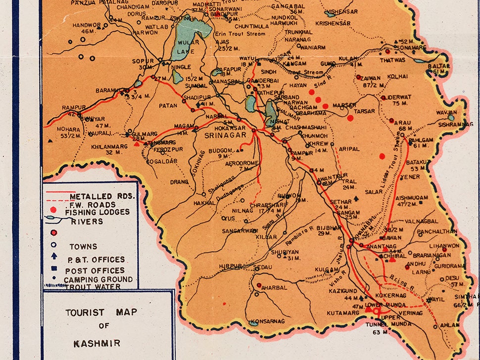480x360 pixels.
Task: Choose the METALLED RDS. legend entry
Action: click(105, 196)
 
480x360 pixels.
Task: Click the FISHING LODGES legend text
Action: click(97, 212)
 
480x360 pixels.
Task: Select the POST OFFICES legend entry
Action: click(95, 270)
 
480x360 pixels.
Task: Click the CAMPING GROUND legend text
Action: click(98, 279)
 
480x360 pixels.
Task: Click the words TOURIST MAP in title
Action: click(101, 313)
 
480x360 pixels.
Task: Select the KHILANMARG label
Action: click(106, 146)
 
